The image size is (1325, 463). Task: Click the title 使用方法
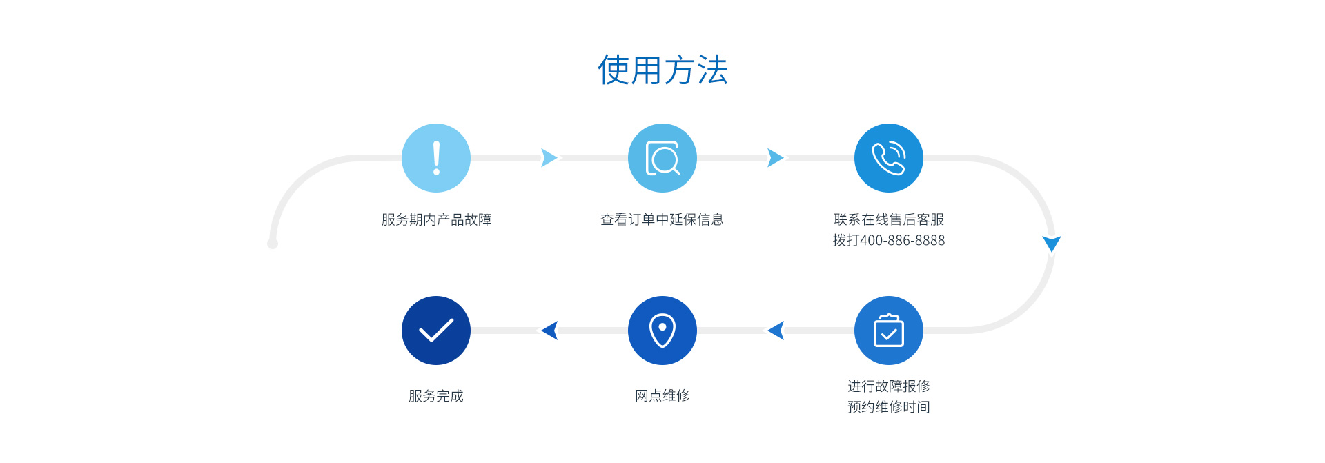tap(662, 70)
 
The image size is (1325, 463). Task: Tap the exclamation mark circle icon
tap(436, 158)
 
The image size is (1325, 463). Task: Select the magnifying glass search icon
tap(662, 158)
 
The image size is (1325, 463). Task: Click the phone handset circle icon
tap(889, 158)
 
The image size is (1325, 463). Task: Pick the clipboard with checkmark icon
tap(889, 331)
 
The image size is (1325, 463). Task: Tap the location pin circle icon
tap(662, 331)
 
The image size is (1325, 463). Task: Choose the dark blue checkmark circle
tap(436, 331)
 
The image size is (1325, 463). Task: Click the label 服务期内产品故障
tap(436, 219)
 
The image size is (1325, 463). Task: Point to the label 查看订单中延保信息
tap(662, 219)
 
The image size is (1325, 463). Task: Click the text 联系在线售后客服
tap(889, 219)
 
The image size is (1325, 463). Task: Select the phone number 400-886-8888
tap(903, 240)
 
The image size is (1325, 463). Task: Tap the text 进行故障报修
tap(889, 386)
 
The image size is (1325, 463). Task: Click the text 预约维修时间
tap(889, 407)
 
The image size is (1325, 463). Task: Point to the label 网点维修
tap(662, 395)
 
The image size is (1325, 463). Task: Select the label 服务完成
tap(436, 395)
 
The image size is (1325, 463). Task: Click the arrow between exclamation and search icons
tap(549, 158)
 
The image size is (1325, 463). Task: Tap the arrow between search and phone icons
tap(775, 158)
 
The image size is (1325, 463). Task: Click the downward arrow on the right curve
tap(1052, 243)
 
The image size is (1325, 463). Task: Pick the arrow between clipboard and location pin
tap(776, 331)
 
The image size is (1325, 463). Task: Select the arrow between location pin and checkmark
tap(550, 331)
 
